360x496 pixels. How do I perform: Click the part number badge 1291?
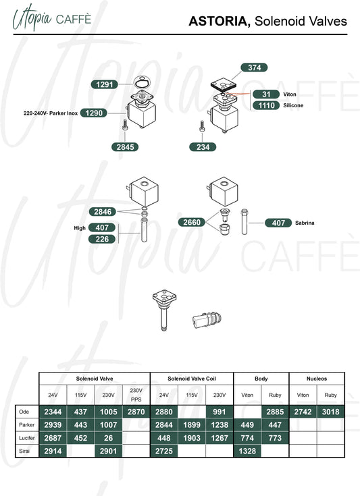point(104,84)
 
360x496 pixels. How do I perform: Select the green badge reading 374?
point(254,67)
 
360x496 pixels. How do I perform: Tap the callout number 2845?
point(125,147)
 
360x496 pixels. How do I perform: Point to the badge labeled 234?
point(203,147)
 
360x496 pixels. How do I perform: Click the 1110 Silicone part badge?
point(266,105)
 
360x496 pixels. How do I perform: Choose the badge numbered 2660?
point(192,222)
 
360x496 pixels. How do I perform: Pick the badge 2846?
point(103,212)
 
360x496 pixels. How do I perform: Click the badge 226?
point(102,239)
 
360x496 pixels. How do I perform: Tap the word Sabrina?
point(305,223)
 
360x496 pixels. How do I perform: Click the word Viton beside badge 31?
point(289,94)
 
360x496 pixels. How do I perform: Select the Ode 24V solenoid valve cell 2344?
point(53,412)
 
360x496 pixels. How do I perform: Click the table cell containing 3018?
point(330,412)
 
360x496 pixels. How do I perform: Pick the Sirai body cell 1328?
point(247,451)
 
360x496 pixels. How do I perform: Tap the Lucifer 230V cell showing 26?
point(108,438)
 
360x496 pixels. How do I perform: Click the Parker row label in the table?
point(26,424)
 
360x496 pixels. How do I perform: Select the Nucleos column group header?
point(317,379)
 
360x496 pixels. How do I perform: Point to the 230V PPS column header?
point(136,395)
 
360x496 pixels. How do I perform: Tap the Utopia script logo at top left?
point(32,18)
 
